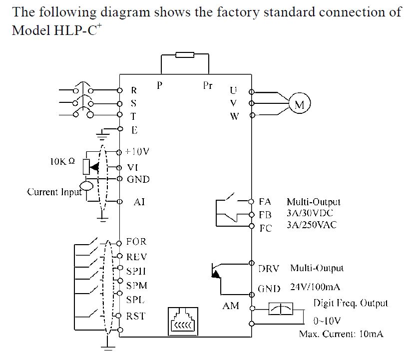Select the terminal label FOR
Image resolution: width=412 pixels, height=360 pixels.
click(136, 242)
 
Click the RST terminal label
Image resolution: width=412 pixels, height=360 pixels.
click(136, 316)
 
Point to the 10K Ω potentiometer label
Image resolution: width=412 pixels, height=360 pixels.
click(62, 162)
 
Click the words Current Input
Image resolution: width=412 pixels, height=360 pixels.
click(54, 192)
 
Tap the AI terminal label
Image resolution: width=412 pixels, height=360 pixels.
click(139, 202)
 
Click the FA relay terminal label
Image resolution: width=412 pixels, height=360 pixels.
click(265, 202)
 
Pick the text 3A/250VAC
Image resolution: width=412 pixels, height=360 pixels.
click(312, 225)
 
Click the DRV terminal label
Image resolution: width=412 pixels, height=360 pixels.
click(268, 268)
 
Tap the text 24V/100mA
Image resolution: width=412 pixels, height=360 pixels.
click(315, 288)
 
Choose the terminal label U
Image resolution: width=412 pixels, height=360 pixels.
click(233, 91)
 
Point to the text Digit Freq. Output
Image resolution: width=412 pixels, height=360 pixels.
click(350, 303)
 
